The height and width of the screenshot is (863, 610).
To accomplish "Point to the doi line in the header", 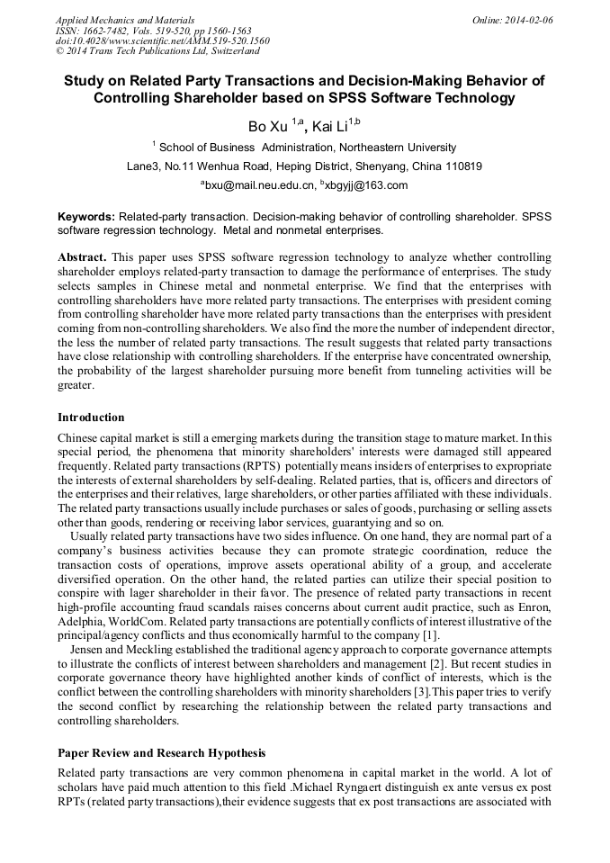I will coord(162,41).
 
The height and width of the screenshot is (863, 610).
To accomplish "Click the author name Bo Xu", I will coord(268,126).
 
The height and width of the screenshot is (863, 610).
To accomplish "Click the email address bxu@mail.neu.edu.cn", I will coord(260,186).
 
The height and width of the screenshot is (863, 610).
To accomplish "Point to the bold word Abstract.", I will coord(82,257).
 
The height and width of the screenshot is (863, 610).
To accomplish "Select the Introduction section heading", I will coord(91,418).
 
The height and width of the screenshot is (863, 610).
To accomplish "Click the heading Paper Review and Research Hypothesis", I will coord(161,752).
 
